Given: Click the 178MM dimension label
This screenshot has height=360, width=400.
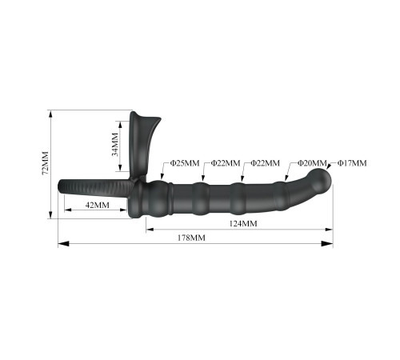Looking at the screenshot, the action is [x=191, y=238].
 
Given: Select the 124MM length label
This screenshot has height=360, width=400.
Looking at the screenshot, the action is [x=243, y=223].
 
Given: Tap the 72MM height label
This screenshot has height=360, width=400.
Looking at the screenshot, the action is [x=46, y=163].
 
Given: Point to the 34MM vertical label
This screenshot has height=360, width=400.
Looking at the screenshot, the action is [x=114, y=144].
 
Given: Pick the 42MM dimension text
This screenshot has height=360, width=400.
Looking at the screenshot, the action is [x=98, y=205].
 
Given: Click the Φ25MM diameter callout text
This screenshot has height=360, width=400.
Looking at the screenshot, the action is [x=185, y=163].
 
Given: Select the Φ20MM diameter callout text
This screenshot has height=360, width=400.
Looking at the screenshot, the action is [x=312, y=163].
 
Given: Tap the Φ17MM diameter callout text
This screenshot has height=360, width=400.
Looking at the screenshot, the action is [x=352, y=163].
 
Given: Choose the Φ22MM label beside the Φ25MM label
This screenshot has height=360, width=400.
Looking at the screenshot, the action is [x=226, y=163].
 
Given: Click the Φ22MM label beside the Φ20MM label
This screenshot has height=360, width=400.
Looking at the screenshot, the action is [x=266, y=163].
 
